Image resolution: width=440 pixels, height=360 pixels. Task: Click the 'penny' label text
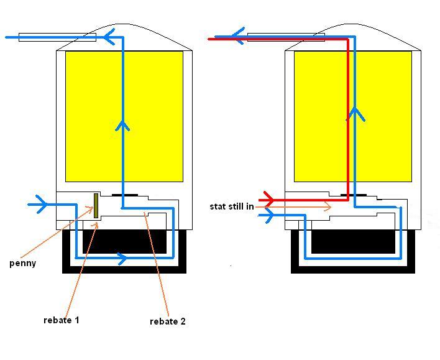coord(23,264)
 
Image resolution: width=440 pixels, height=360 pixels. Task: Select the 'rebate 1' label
coord(62,320)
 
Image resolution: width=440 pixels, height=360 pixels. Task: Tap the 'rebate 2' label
coord(168,321)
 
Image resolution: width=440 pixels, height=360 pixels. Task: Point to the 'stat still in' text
coord(232,206)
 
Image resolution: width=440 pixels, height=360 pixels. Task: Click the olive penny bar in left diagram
coord(96,206)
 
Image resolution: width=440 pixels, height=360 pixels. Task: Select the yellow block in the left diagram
coord(124,116)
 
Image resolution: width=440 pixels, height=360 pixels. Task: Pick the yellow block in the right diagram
coord(353,116)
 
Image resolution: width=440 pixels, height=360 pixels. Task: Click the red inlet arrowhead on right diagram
coord(269,200)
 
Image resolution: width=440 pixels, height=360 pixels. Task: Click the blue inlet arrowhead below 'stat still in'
coord(269,215)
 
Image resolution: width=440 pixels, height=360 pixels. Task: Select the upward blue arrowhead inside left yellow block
coord(122,126)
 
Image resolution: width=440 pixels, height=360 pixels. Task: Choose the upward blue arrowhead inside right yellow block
coord(355,114)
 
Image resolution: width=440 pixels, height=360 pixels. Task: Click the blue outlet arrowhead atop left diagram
coord(109,37)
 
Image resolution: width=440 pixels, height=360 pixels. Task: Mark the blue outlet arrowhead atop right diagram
coord(237,36)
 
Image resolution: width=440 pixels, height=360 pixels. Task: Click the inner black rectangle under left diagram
coord(124,241)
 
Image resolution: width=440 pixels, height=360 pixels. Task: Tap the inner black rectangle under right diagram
coord(353,241)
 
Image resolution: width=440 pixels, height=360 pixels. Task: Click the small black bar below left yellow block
coord(125,195)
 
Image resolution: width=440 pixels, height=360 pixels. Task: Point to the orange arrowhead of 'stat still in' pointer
coord(328,206)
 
